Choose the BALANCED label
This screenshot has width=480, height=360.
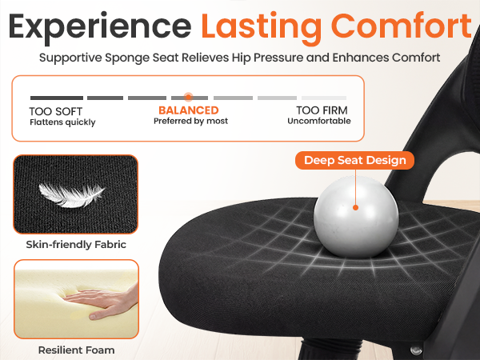coord(189,110)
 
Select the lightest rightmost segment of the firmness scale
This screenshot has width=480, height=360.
coord(323,98)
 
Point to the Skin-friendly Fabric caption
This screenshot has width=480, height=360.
coord(76,245)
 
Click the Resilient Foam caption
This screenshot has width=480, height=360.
coord(76,350)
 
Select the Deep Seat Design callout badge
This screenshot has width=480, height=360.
coord(355,160)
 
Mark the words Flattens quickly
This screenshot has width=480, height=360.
coord(62,122)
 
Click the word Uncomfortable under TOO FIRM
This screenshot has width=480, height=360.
coord(319,122)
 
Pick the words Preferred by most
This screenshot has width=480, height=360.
coord(190,122)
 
